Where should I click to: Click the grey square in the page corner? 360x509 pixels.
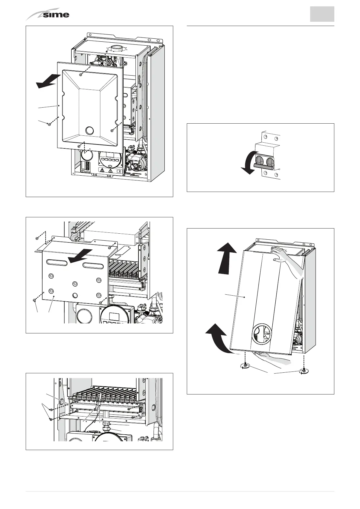click(322, 14)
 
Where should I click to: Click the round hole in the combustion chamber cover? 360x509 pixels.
click(89, 131)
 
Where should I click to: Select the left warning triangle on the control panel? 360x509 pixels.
click(102, 170)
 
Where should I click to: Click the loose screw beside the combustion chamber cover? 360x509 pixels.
click(49, 124)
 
